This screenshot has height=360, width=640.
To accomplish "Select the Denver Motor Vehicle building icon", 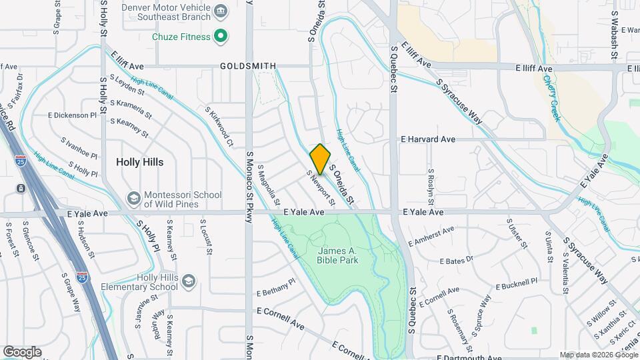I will pyautogui.click(x=221, y=10).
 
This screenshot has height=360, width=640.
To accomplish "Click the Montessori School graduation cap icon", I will pyautogui.click(x=134, y=199).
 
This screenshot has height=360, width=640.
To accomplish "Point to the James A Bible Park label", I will pyautogui.click(x=337, y=255).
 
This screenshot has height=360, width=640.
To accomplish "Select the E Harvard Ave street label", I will pyautogui.click(x=427, y=139).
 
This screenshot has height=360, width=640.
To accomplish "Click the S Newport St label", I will pyautogui.click(x=320, y=187).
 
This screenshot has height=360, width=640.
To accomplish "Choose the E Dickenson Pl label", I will pyautogui.click(x=72, y=115).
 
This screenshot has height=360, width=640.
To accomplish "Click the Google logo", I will pyautogui.click(x=22, y=352).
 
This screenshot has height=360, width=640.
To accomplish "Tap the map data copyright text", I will pyautogui.click(x=598, y=355).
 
